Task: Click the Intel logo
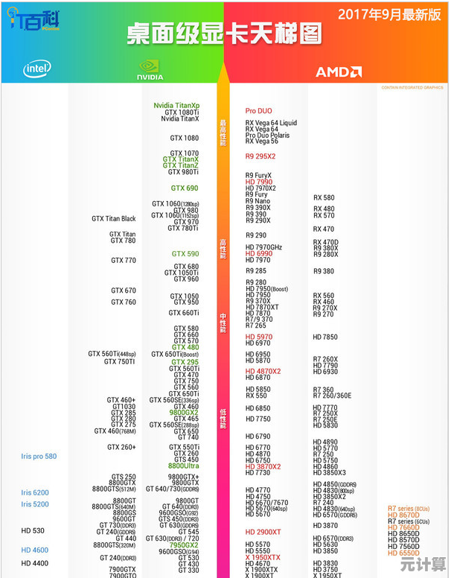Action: [36, 69]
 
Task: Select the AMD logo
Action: [339, 72]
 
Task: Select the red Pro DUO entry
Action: [259, 111]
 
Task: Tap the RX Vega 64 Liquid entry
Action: [271, 123]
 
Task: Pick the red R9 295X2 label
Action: [260, 156]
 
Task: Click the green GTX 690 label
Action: [185, 188]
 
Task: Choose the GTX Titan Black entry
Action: [114, 219]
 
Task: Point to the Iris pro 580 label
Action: [39, 456]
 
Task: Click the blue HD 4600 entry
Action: [34, 550]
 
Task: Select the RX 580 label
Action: [324, 198]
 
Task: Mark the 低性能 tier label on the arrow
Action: [222, 420]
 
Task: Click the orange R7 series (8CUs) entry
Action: [409, 508]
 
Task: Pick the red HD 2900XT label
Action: [263, 532]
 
